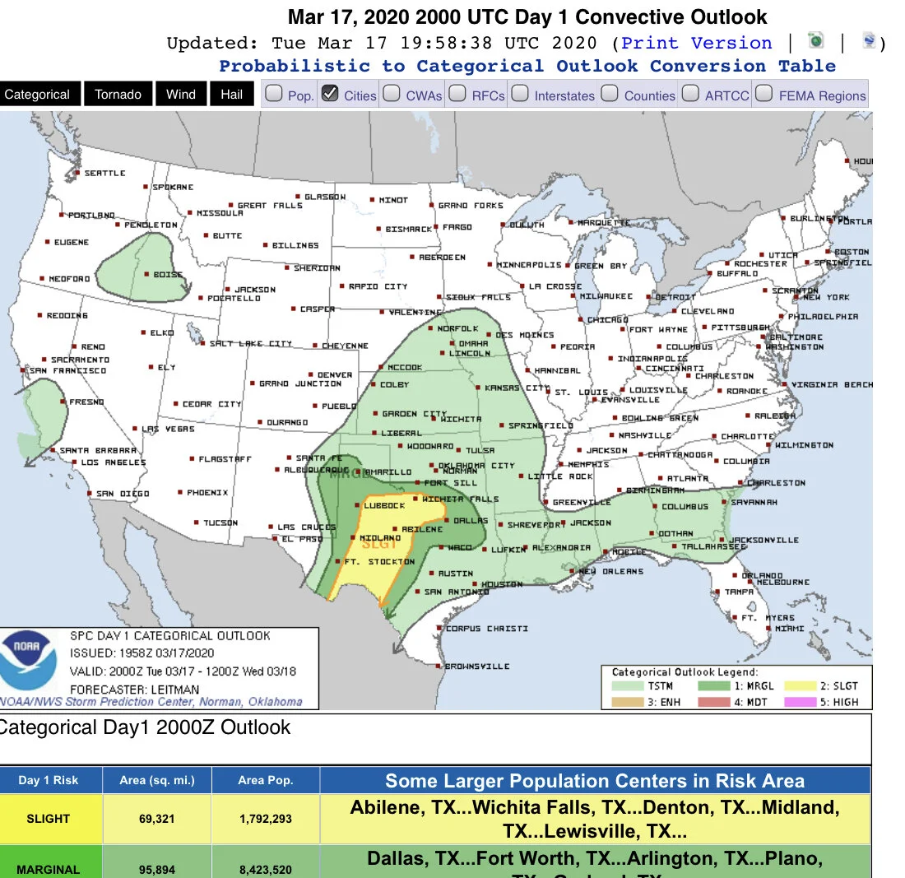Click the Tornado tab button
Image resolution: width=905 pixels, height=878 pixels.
click(118, 95)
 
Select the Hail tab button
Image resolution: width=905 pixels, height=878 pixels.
click(231, 95)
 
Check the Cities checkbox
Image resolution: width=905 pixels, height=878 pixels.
click(330, 94)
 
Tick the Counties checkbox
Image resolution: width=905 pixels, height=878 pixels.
click(610, 94)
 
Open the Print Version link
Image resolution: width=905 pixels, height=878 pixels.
click(697, 43)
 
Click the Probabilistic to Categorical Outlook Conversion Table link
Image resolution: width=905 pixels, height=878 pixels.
click(527, 66)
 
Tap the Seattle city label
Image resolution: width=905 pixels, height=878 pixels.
click(105, 174)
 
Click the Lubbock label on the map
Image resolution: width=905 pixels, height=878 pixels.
click(384, 506)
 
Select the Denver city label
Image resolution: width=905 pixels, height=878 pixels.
click(335, 375)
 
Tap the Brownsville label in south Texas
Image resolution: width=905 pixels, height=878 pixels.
click(476, 667)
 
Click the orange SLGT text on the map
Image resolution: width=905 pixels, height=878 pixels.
click(380, 543)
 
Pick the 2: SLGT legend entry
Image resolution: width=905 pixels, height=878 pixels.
click(833, 685)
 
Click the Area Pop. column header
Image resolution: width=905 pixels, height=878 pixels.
click(266, 780)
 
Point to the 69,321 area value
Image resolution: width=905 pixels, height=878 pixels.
click(156, 819)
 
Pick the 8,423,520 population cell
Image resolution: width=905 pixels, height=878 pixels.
click(266, 869)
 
